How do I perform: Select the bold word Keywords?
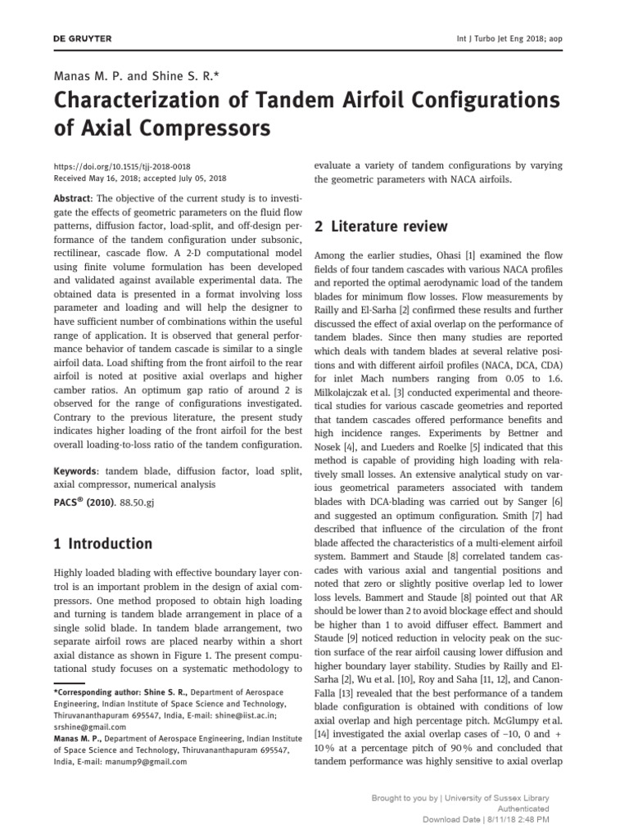coord(75,471)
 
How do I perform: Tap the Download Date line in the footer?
coord(486,819)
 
